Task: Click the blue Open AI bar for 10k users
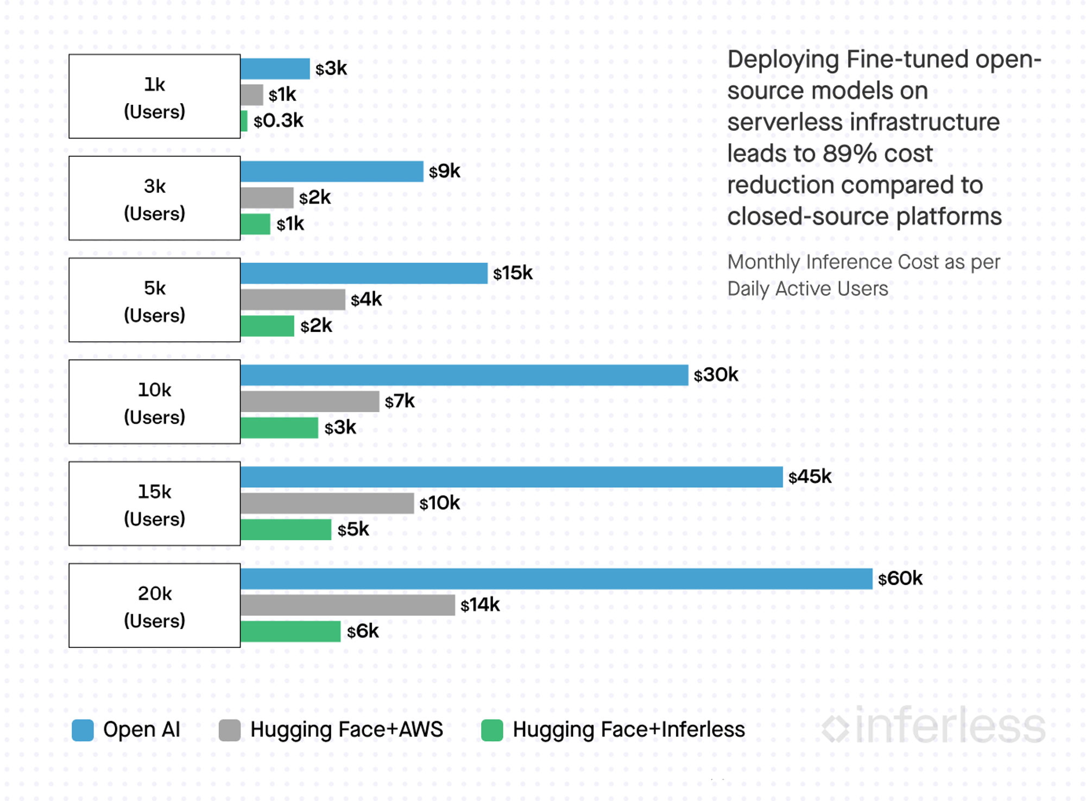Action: (464, 375)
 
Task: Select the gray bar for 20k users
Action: (348, 605)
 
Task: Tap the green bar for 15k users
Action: (286, 529)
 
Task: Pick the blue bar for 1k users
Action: (275, 69)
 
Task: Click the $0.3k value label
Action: (278, 121)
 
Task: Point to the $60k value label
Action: (900, 578)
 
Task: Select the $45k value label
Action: (810, 477)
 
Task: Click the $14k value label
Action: (479, 605)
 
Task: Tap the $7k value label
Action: (399, 401)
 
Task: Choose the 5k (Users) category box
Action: (155, 300)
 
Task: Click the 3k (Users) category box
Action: (155, 199)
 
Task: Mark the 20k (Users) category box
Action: (155, 606)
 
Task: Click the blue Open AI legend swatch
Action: (83, 730)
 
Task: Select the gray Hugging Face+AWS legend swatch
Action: (230, 730)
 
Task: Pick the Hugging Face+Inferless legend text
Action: (628, 729)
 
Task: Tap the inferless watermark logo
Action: (934, 726)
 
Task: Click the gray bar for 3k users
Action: (267, 198)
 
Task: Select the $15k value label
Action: (513, 273)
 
